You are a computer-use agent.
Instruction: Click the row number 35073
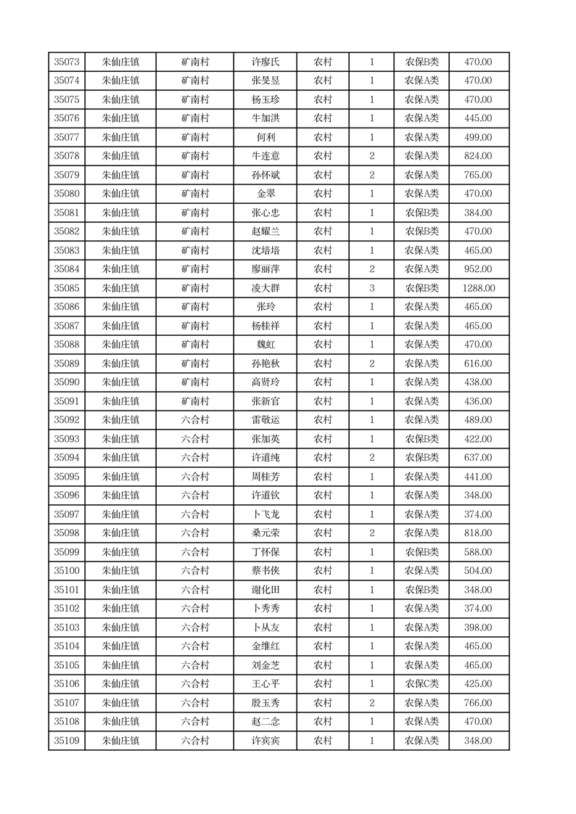click(x=67, y=62)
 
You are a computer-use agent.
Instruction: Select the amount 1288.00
click(x=478, y=288)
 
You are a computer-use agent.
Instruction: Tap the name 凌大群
click(x=264, y=288)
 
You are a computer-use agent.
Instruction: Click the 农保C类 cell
click(x=421, y=684)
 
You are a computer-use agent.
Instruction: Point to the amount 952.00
click(x=478, y=269)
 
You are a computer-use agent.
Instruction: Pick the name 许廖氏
click(x=264, y=62)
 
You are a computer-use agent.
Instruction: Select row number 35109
click(x=67, y=741)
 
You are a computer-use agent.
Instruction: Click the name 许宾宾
click(x=264, y=741)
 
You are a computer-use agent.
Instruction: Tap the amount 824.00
click(x=478, y=156)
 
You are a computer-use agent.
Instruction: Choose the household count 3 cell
click(x=372, y=288)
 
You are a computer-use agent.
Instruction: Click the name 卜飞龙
click(x=264, y=514)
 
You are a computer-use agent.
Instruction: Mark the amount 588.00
click(x=478, y=552)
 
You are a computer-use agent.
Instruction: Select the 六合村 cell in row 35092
click(x=195, y=420)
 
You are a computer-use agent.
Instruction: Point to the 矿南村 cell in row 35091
click(x=195, y=401)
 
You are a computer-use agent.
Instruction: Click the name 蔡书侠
click(x=264, y=571)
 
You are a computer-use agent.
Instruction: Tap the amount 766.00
click(x=478, y=703)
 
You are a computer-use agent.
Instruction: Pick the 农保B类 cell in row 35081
click(x=421, y=213)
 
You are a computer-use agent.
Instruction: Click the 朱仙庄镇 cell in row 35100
click(x=120, y=571)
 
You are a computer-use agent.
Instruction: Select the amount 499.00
click(x=478, y=137)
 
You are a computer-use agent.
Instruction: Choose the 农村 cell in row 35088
click(x=323, y=345)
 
